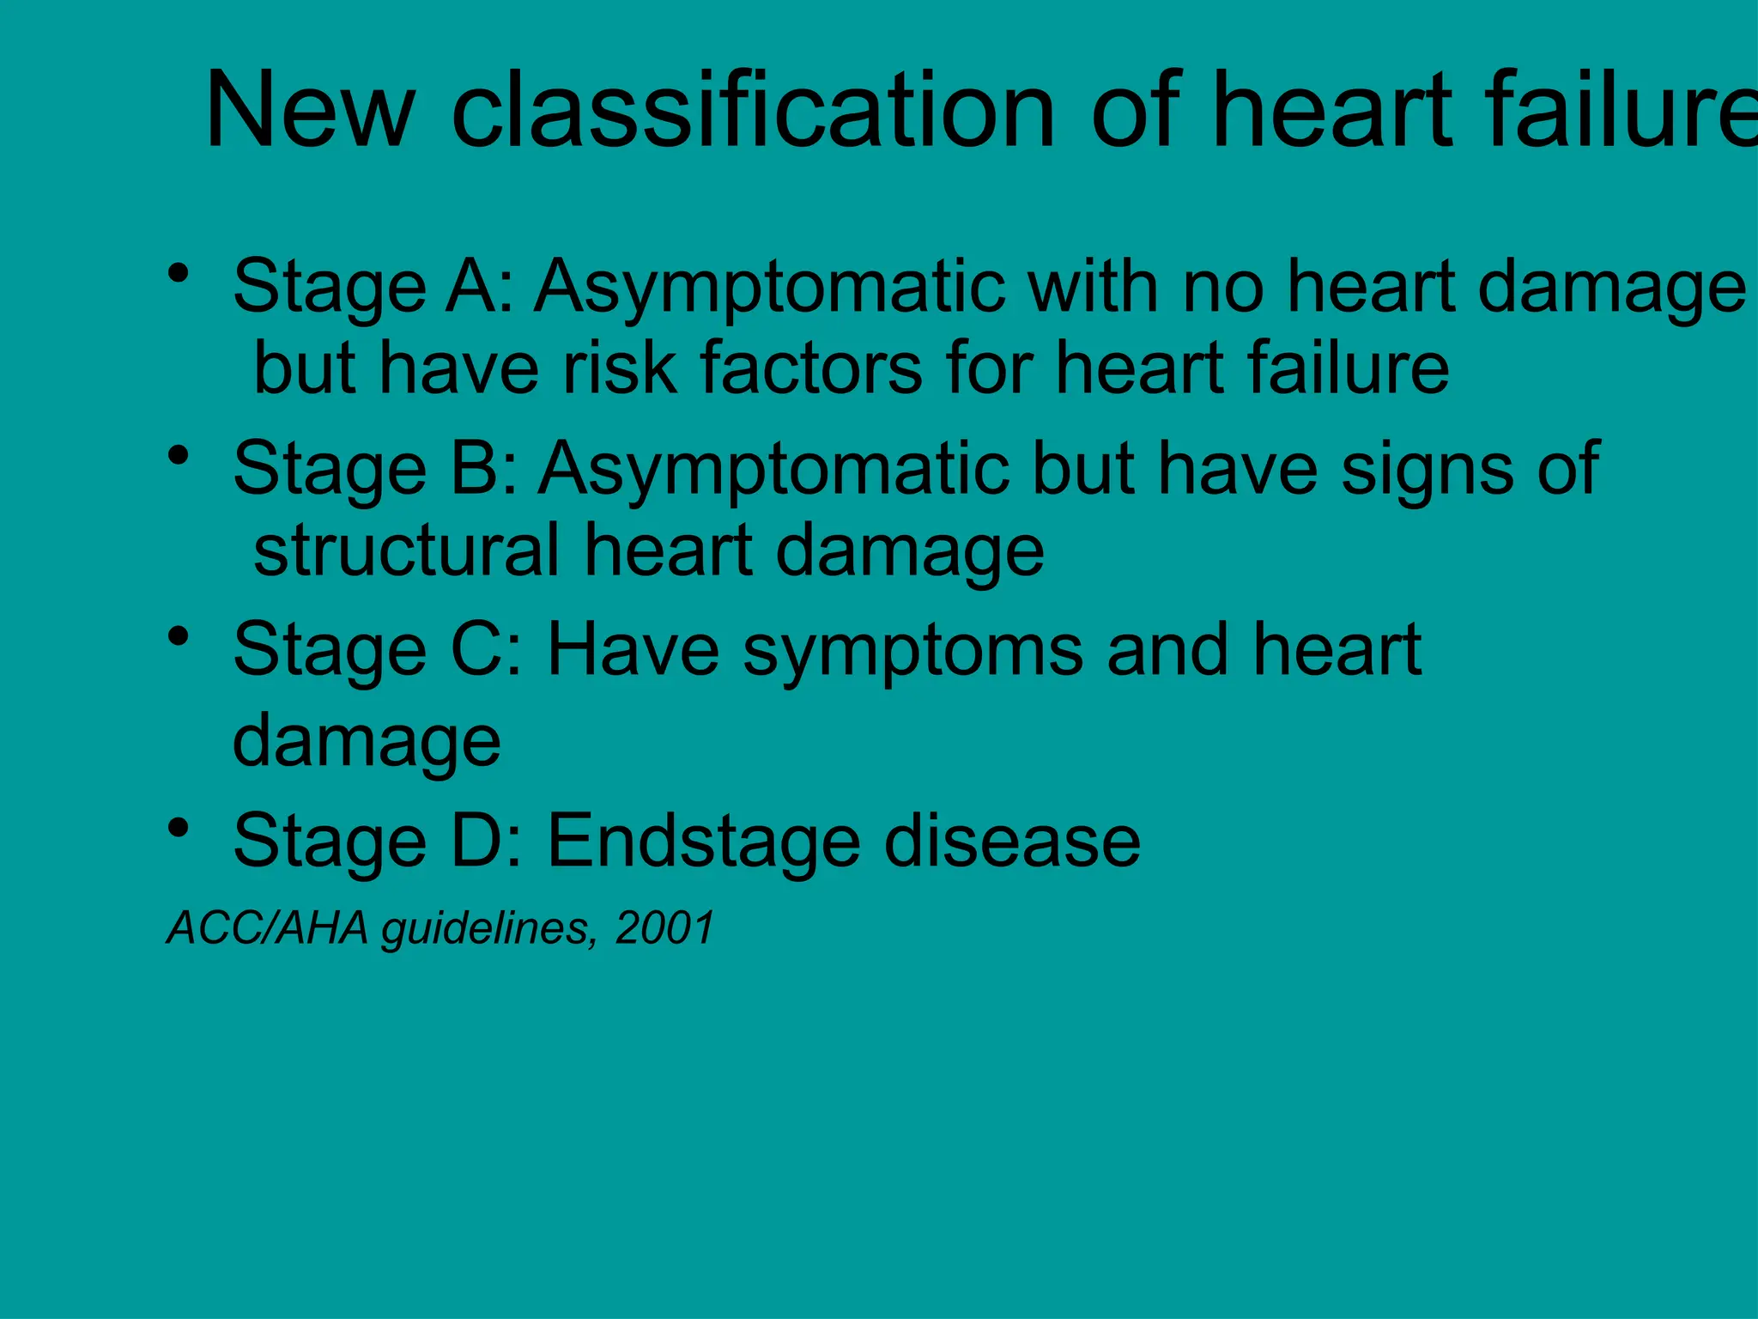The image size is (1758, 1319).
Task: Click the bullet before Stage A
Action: (x=179, y=274)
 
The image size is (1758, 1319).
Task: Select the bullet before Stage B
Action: (x=179, y=456)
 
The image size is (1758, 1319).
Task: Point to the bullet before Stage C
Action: (x=179, y=637)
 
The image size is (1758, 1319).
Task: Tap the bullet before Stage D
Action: (x=179, y=829)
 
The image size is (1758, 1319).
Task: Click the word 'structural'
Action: (x=407, y=550)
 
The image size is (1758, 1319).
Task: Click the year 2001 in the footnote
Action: (x=664, y=928)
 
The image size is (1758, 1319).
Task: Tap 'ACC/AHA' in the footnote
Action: (x=267, y=928)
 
